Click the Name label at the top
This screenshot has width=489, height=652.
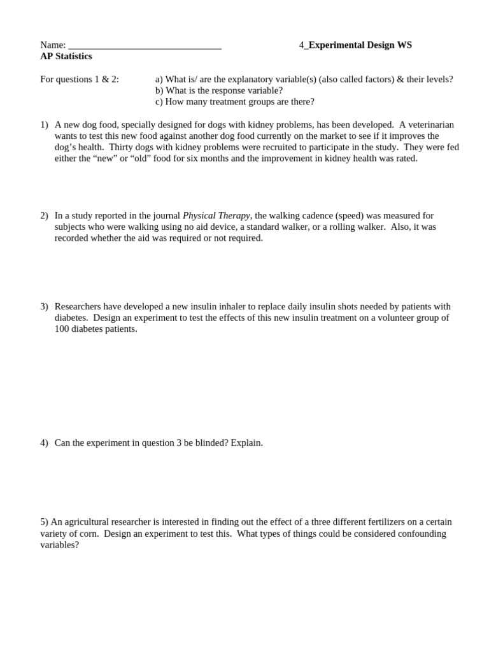point(52,45)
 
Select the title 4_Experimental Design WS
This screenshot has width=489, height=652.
point(355,45)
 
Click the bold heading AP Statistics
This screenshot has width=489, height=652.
point(66,57)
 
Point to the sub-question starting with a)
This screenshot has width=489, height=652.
point(304,80)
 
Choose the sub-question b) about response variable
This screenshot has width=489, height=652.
point(218,90)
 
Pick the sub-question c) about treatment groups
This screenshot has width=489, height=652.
point(234,102)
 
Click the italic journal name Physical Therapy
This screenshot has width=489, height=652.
point(216,216)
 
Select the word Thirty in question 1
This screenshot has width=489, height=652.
point(122,147)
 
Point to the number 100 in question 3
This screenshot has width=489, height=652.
point(62,329)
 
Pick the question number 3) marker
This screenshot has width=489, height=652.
point(44,306)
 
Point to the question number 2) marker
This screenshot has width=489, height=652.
point(44,216)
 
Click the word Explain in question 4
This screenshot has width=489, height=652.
point(246,443)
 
